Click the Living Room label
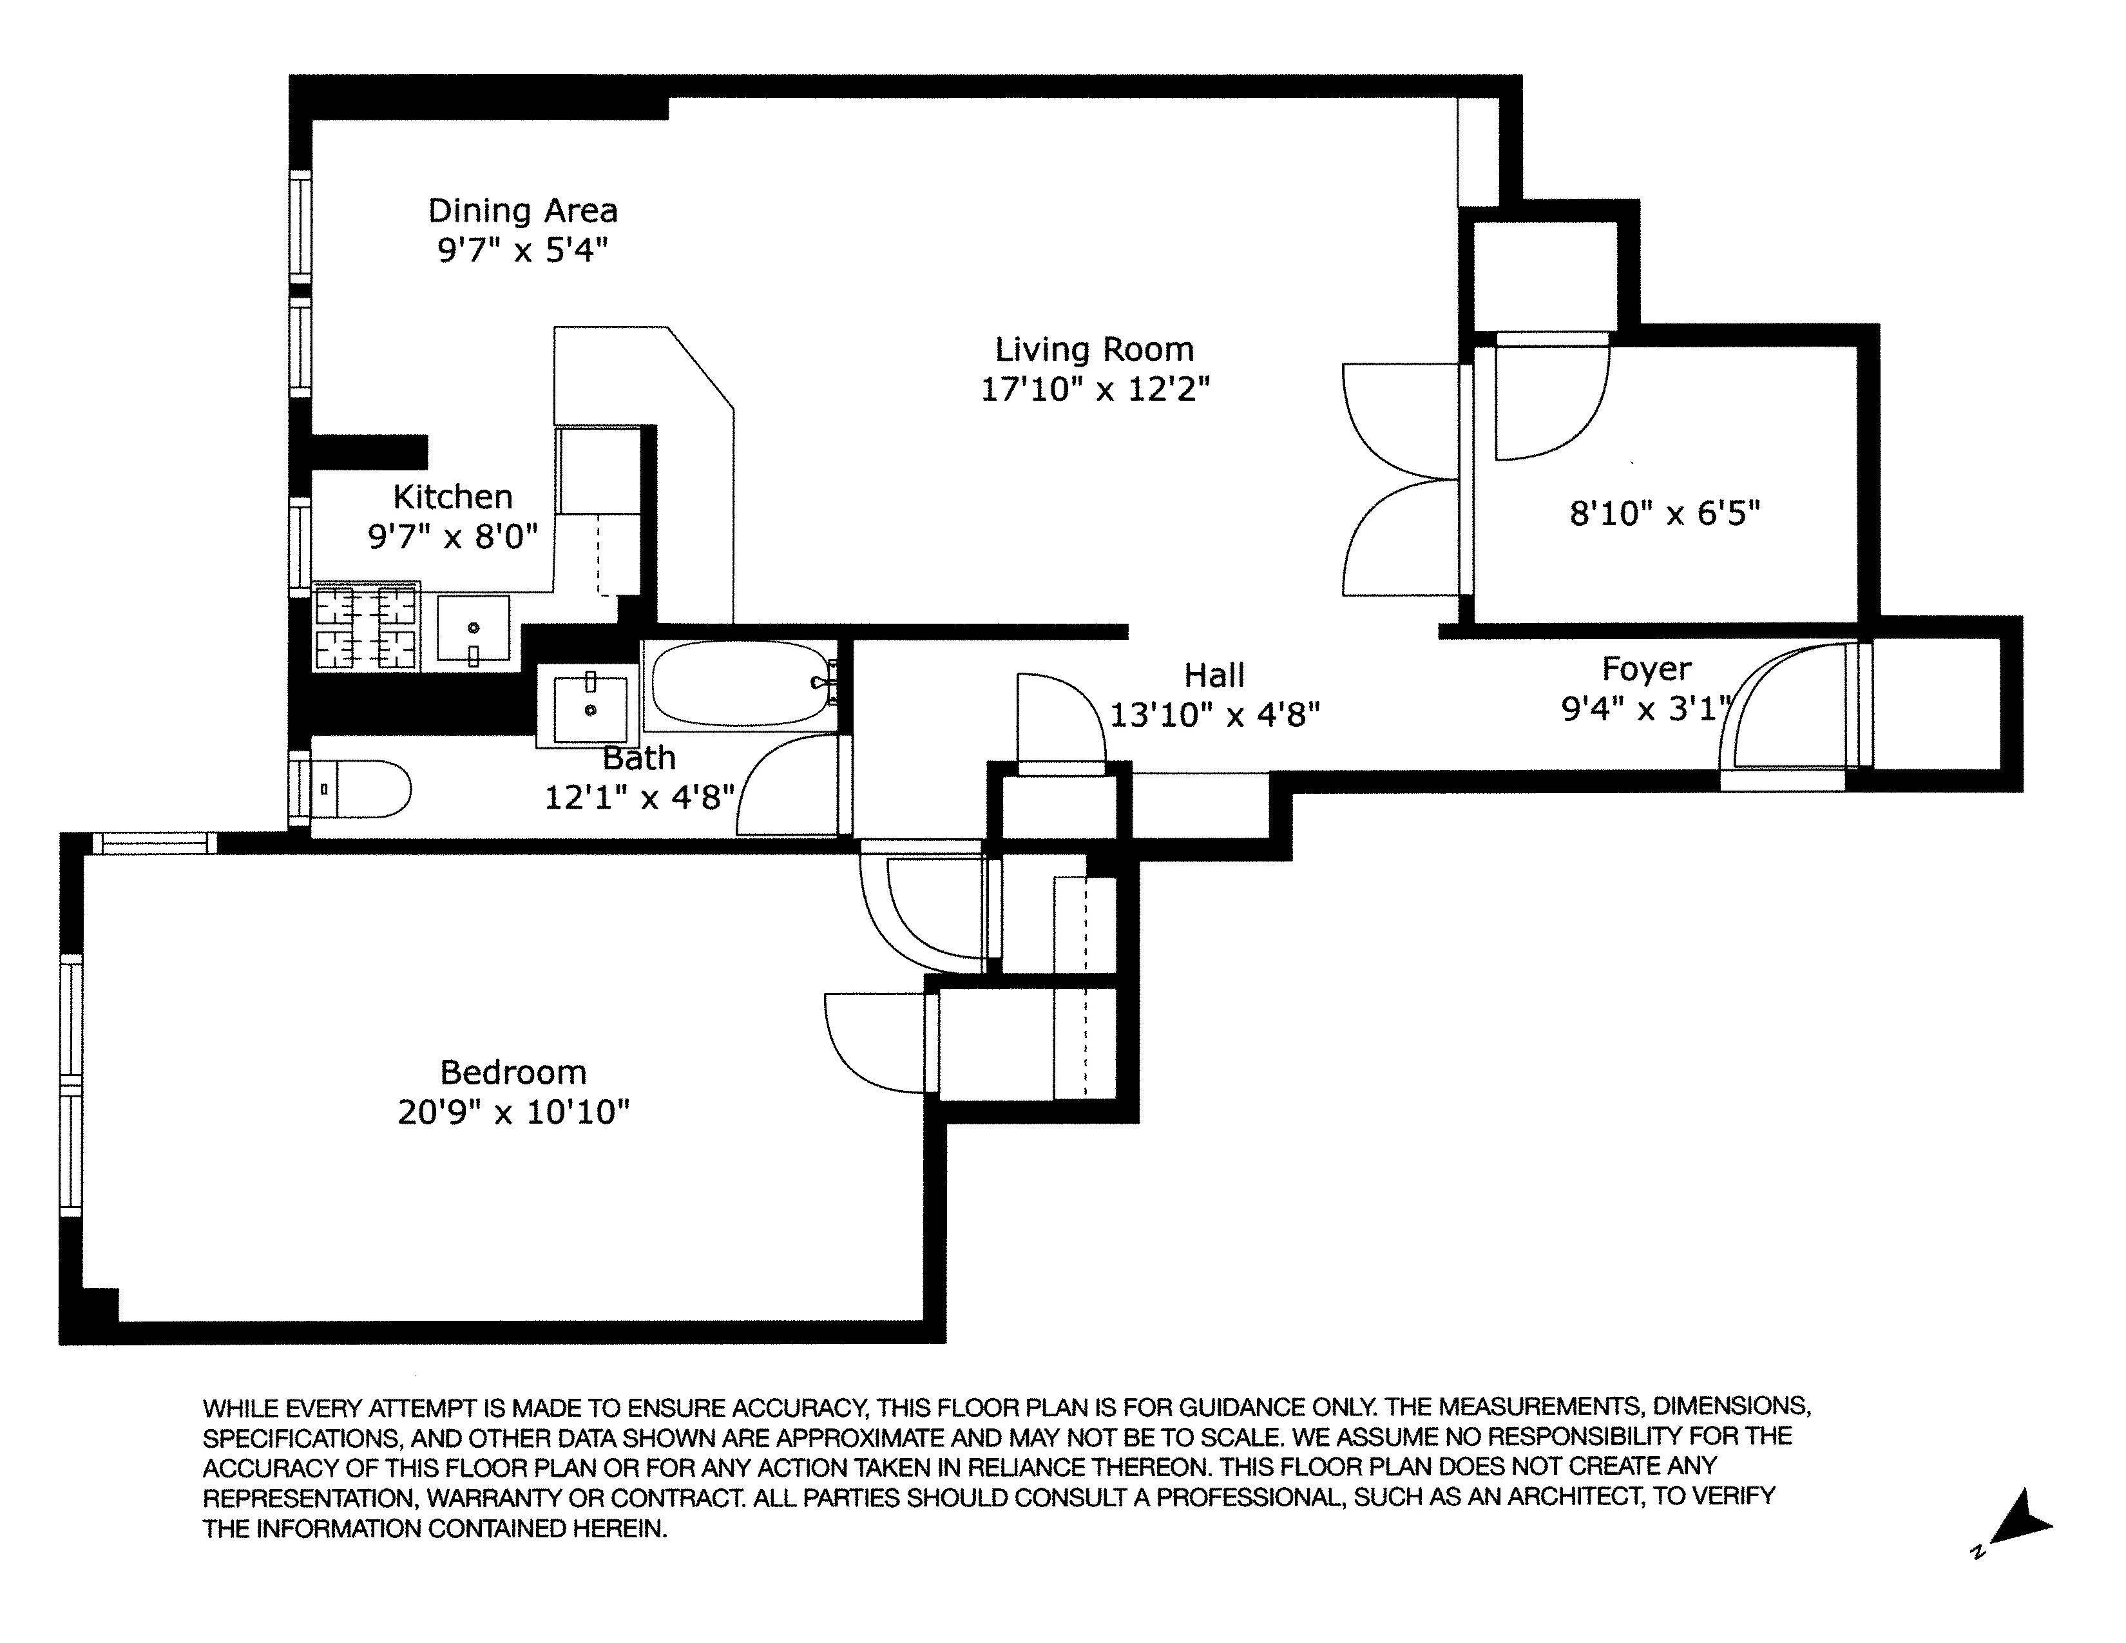[x=1093, y=349]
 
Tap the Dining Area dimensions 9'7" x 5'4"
[x=522, y=251]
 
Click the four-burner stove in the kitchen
[x=366, y=628]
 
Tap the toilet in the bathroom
[x=360, y=789]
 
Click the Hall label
[x=1214, y=675]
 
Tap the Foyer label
[x=1646, y=669]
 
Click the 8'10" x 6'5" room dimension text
[x=1665, y=513]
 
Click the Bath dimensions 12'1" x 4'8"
[x=638, y=798]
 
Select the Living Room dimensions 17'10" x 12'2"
[x=1094, y=389]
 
